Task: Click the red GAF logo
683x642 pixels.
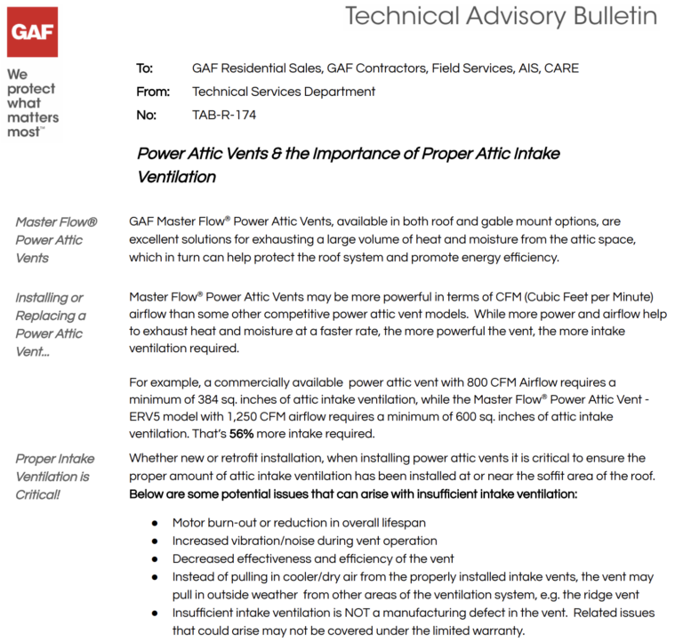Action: click(x=33, y=32)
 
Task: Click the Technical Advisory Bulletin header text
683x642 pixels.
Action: click(x=501, y=16)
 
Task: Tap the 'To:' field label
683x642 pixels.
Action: click(x=145, y=68)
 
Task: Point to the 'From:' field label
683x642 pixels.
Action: click(x=152, y=92)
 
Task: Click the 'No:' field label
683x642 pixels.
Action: click(x=146, y=115)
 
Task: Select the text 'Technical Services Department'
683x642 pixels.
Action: click(x=284, y=92)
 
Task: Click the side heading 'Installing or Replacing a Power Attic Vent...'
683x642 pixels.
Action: click(x=51, y=325)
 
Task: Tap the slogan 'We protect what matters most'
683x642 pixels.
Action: click(x=32, y=103)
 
